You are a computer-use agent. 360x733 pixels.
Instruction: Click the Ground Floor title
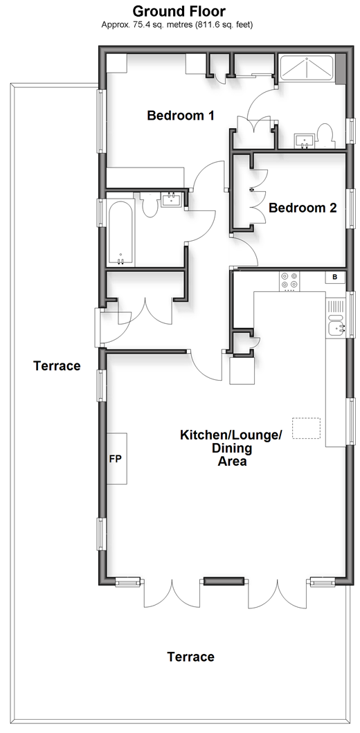(x=179, y=11)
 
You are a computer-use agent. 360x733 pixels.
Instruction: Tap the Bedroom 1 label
(x=181, y=115)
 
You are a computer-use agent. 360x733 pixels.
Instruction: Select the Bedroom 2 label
(x=303, y=208)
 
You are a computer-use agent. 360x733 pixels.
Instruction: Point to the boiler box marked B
(x=335, y=277)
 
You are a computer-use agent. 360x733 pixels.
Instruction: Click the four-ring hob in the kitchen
(x=289, y=281)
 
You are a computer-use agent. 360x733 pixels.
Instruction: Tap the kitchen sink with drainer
(x=336, y=318)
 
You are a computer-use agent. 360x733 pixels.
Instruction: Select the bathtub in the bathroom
(x=121, y=234)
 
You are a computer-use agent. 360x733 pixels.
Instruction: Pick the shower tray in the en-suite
(x=306, y=70)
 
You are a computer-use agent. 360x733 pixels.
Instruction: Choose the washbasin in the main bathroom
(x=171, y=199)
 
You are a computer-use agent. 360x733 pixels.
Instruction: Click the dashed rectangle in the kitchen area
(x=307, y=428)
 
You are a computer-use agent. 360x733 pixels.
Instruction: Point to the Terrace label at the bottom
(x=191, y=657)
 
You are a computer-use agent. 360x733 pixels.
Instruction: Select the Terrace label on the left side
(x=57, y=365)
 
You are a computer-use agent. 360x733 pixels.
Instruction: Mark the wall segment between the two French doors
(x=224, y=581)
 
